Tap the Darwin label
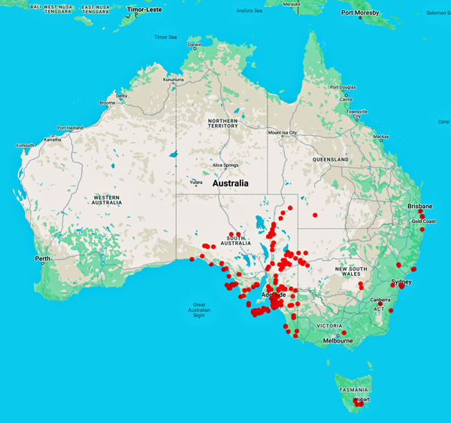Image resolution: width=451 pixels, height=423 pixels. [195, 45]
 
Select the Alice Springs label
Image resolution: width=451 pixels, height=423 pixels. [225, 165]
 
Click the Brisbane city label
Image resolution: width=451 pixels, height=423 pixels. [419, 206]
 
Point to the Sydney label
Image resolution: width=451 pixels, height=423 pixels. [401, 282]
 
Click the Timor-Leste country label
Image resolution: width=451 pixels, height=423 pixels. [146, 10]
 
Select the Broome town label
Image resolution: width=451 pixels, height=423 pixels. [107, 102]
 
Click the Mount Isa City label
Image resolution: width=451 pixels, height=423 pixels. [283, 133]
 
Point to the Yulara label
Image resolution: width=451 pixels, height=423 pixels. [195, 181]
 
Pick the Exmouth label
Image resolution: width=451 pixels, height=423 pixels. [25, 145]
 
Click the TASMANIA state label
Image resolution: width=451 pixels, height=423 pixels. [353, 390]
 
